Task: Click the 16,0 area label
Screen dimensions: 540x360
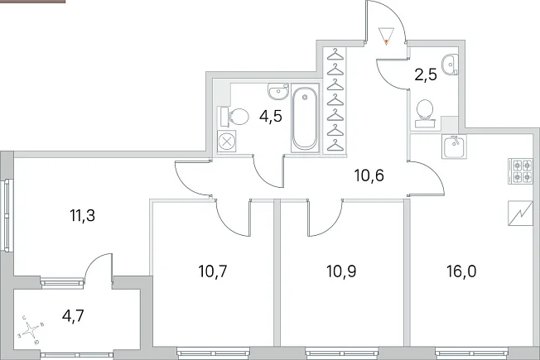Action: pyautogui.click(x=461, y=271)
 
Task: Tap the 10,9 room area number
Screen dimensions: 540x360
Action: pyautogui.click(x=341, y=271)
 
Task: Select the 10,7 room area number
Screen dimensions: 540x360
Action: pyautogui.click(x=213, y=271)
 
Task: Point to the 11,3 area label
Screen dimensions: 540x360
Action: pyautogui.click(x=82, y=216)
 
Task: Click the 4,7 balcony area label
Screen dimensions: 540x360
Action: pyautogui.click(x=73, y=315)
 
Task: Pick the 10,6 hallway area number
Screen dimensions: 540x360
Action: pyautogui.click(x=369, y=176)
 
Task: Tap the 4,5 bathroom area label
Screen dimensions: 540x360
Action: pyautogui.click(x=271, y=117)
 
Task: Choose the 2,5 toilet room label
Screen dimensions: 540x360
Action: pyautogui.click(x=426, y=74)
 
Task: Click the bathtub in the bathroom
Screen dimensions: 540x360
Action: pyautogui.click(x=305, y=118)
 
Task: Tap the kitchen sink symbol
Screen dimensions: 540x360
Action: pyautogui.click(x=454, y=146)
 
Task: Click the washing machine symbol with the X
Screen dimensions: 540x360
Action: pyautogui.click(x=227, y=142)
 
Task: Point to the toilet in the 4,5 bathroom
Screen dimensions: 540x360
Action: pyautogui.click(x=234, y=117)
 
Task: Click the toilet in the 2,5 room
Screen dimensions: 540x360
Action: pyautogui.click(x=426, y=113)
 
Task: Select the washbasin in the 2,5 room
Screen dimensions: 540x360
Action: pyautogui.click(x=451, y=65)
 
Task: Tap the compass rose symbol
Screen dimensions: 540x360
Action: pyautogui.click(x=31, y=329)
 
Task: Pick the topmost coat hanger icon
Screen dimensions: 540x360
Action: pyautogui.click(x=335, y=55)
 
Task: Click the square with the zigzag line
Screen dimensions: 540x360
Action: pyautogui.click(x=520, y=214)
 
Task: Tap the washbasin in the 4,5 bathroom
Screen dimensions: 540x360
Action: pyautogui.click(x=278, y=91)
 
